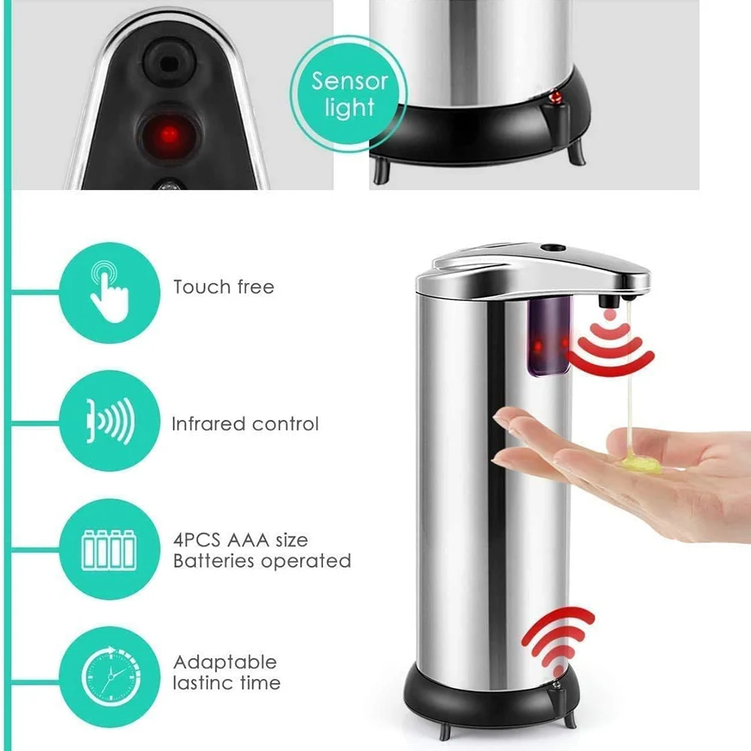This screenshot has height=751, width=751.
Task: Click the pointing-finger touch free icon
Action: pos(108,291)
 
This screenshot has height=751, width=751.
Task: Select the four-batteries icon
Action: pos(108,549)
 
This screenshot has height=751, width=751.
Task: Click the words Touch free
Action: pos(223,287)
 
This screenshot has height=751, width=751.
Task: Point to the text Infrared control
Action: pos(245,424)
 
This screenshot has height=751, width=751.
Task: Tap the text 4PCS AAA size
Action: pos(240,540)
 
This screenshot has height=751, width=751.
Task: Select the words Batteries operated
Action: pos(261,561)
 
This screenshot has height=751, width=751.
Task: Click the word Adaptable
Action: pos(225,662)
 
